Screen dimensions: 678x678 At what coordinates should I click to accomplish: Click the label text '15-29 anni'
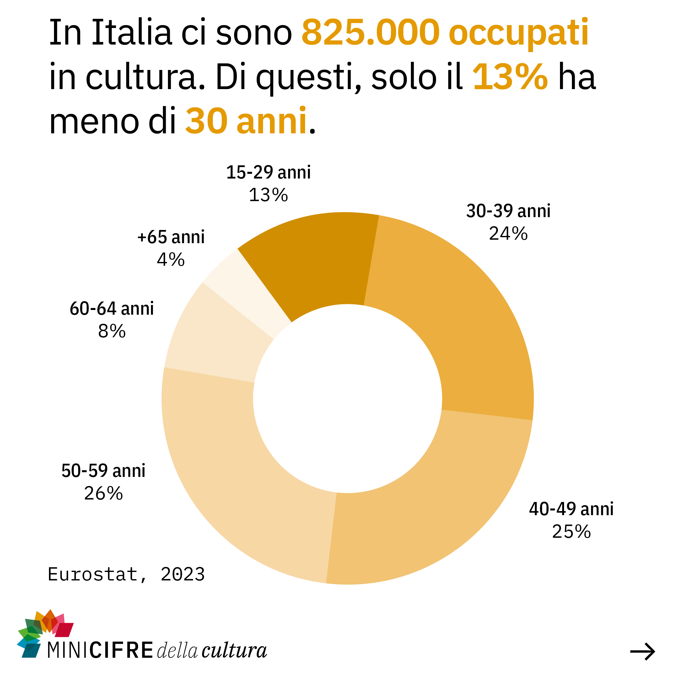(x=268, y=173)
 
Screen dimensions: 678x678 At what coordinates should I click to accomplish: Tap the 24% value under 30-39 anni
(x=508, y=234)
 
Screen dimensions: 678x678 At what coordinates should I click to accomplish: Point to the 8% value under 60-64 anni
(x=112, y=331)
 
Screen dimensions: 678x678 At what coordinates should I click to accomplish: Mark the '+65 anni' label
(x=171, y=237)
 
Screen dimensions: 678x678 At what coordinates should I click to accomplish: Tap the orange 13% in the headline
(x=510, y=77)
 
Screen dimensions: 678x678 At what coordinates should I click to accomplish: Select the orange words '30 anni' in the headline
(x=246, y=121)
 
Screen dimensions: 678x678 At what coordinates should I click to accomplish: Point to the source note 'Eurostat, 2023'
(x=126, y=574)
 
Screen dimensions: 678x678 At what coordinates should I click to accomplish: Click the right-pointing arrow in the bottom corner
(x=642, y=652)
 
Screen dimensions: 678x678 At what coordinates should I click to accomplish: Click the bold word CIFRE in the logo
(x=121, y=650)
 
